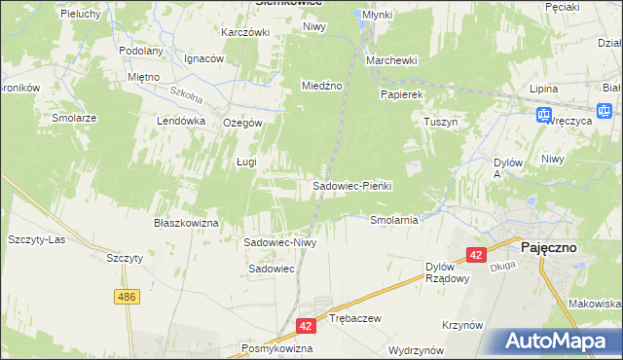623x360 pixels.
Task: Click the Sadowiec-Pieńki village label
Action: tap(350, 185)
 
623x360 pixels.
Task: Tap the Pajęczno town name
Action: tap(547, 247)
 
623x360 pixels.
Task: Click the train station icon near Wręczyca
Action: tap(544, 116)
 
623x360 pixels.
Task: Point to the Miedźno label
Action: tap(321, 86)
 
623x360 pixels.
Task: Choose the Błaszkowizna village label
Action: tap(186, 223)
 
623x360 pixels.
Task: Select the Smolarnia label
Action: tap(394, 220)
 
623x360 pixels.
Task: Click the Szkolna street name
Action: tap(185, 97)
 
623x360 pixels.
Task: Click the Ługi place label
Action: tap(246, 162)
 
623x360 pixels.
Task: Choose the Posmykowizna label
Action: tap(277, 347)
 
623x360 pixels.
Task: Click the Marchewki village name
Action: tap(391, 60)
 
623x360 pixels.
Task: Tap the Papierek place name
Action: tap(401, 94)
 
